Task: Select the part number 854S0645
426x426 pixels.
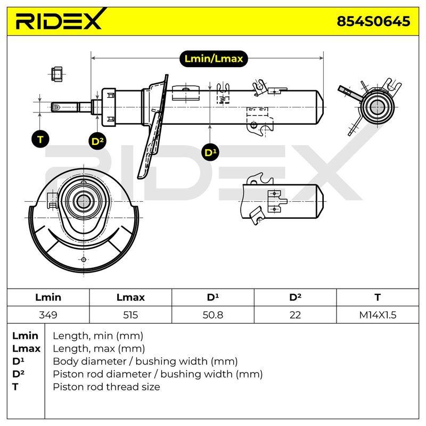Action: [373, 21]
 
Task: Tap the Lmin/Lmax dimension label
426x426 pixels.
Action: [214, 59]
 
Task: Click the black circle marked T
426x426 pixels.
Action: [40, 140]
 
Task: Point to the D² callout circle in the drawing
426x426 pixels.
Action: [97, 141]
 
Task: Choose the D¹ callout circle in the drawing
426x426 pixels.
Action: [210, 152]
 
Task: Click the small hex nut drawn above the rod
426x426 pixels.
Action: [57, 73]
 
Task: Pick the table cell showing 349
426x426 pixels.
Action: [48, 315]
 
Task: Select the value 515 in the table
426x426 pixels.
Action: [130, 315]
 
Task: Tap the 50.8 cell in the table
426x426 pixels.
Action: [212, 315]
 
